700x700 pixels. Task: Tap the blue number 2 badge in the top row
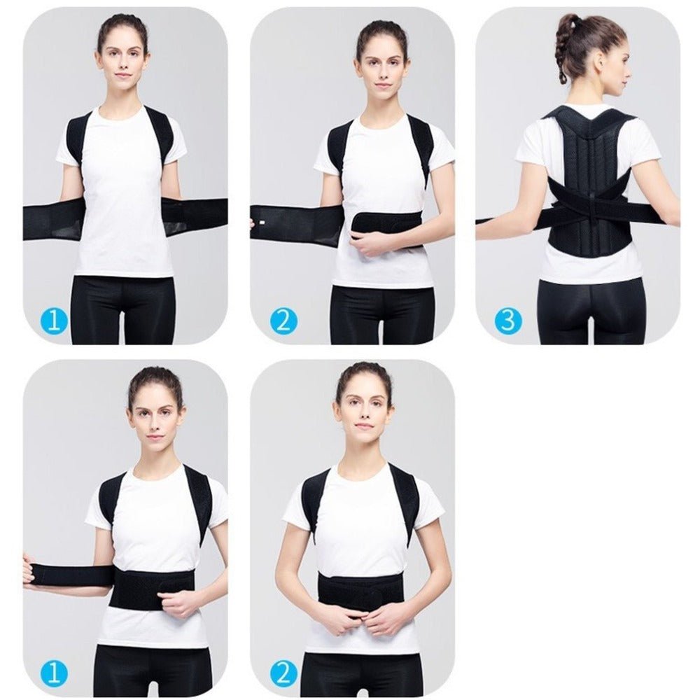[x=283, y=321]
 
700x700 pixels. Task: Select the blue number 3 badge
[x=508, y=321]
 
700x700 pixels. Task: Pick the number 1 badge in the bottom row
[x=54, y=674]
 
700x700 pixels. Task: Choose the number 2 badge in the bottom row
[x=283, y=674]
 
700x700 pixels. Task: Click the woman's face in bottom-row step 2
[x=363, y=413]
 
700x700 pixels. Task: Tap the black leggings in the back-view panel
[x=590, y=311]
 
